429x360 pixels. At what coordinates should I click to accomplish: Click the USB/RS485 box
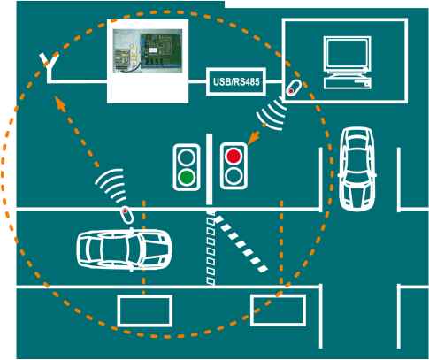236,81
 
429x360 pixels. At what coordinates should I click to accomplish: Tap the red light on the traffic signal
234,156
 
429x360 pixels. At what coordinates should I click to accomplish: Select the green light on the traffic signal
187,177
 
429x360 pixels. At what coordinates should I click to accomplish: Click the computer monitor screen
347,54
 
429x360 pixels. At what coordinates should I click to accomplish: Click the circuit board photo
148,50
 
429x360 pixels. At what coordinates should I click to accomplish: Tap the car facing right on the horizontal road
124,249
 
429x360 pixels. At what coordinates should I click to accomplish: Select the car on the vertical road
357,169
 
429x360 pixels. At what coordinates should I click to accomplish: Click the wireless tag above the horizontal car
127,214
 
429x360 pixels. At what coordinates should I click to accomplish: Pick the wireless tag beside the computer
294,88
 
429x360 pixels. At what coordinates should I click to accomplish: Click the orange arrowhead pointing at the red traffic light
254,138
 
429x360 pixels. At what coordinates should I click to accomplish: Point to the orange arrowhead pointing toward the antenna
60,103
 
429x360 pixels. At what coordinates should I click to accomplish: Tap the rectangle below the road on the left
145,310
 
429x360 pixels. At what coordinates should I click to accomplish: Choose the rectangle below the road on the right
278,310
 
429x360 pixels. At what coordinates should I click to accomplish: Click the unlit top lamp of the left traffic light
187,157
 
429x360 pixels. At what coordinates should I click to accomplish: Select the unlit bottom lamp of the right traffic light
234,176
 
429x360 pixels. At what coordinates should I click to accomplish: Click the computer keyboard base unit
348,83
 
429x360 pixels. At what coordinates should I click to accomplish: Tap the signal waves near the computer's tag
272,114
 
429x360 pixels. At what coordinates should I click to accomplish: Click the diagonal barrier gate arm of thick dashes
241,243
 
